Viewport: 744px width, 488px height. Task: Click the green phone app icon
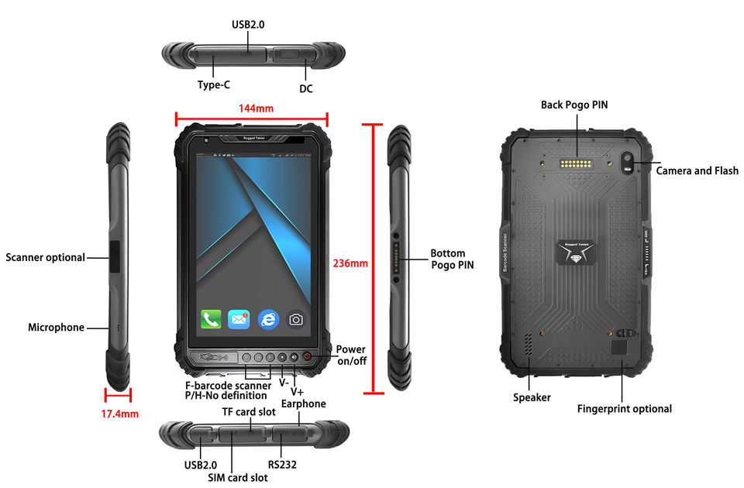coord(211,318)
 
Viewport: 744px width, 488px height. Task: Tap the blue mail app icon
coord(239,318)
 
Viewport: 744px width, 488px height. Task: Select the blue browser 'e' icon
coord(268,318)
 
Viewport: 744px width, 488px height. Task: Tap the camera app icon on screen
coord(296,318)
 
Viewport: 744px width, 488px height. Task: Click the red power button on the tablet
coord(307,357)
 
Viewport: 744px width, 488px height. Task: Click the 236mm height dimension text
coord(350,263)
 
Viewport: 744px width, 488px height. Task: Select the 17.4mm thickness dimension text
coord(120,414)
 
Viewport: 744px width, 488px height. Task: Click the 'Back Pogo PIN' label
coord(574,105)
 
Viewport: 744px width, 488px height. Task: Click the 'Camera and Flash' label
coord(697,170)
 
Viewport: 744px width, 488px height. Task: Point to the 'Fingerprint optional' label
coord(625,408)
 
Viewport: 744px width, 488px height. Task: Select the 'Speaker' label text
coord(532,397)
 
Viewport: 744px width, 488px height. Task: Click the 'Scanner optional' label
coord(46,257)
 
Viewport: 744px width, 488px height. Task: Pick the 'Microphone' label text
coord(56,327)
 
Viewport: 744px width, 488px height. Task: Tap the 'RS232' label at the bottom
coord(282,465)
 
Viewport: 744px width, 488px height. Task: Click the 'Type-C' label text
coord(214,85)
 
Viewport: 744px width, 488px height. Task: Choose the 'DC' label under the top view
coord(306,88)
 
